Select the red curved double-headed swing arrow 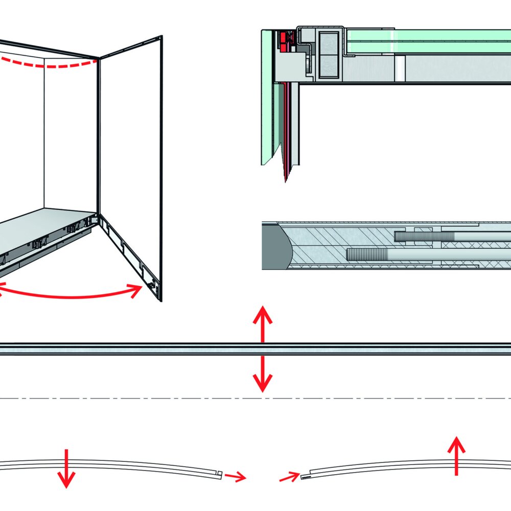pos(72,295)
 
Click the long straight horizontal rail pos(153,349)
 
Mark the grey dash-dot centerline pos(153,398)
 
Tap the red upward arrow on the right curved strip pos(456,456)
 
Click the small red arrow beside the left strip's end pos(235,477)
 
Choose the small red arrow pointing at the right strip pos(289,478)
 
